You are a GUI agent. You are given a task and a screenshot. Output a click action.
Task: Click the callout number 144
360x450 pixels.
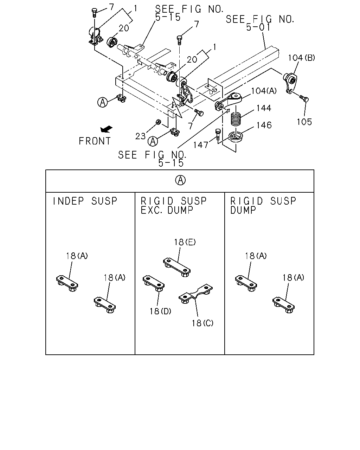point(264,108)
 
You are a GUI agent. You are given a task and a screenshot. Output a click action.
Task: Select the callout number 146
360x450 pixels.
point(264,125)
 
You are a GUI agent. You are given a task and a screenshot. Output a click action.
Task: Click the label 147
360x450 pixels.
point(201,145)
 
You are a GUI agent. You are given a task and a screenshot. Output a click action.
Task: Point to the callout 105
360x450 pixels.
point(304,122)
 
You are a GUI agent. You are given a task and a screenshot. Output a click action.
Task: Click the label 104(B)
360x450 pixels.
point(301,58)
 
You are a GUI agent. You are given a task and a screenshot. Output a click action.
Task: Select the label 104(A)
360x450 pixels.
point(264,91)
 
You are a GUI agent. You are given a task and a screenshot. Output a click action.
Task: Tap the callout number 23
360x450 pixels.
point(140,136)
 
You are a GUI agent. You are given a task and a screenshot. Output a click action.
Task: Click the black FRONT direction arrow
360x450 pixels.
point(106,129)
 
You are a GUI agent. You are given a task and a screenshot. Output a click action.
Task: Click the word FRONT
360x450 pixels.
point(95,141)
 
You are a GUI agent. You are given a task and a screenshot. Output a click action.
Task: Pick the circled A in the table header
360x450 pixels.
point(180,180)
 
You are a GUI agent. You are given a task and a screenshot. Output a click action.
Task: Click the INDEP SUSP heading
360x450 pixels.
point(85,201)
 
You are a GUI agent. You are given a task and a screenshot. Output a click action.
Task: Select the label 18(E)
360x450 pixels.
point(185,242)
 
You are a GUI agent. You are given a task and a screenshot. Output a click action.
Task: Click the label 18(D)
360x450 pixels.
point(160,311)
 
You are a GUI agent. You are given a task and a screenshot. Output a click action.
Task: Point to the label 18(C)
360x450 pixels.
point(202,323)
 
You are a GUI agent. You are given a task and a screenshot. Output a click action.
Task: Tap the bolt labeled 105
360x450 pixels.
point(304,98)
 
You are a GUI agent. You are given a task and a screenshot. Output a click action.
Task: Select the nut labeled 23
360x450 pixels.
point(159,122)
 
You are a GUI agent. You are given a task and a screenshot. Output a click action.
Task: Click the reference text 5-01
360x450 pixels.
point(258,27)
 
